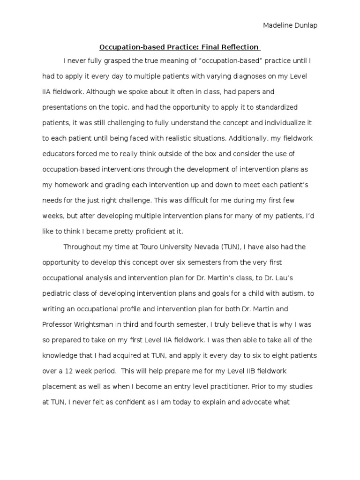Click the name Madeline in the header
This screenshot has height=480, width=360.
(276, 26)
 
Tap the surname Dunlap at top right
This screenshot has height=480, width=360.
(305, 26)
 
